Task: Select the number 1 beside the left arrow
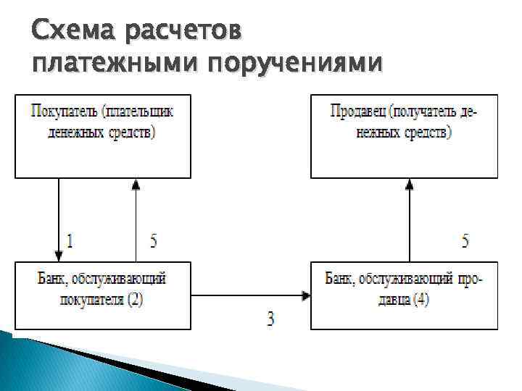[x=70, y=242]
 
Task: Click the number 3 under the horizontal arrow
[x=270, y=319]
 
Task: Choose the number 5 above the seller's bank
[x=465, y=242]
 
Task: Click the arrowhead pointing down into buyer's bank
[x=58, y=256]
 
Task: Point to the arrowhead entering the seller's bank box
[x=306, y=295]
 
